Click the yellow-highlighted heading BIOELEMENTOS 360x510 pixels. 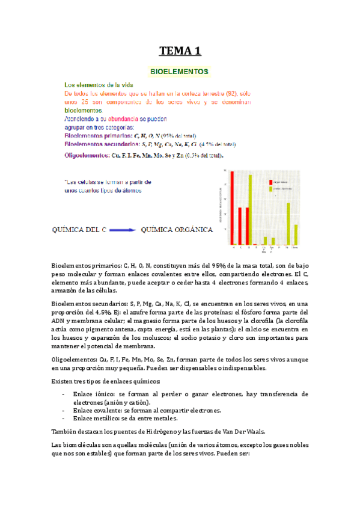pyautogui.click(x=180, y=72)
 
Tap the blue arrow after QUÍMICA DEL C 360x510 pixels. pyautogui.click(x=123, y=229)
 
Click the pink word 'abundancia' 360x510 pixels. pyautogui.click(x=124, y=119)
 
